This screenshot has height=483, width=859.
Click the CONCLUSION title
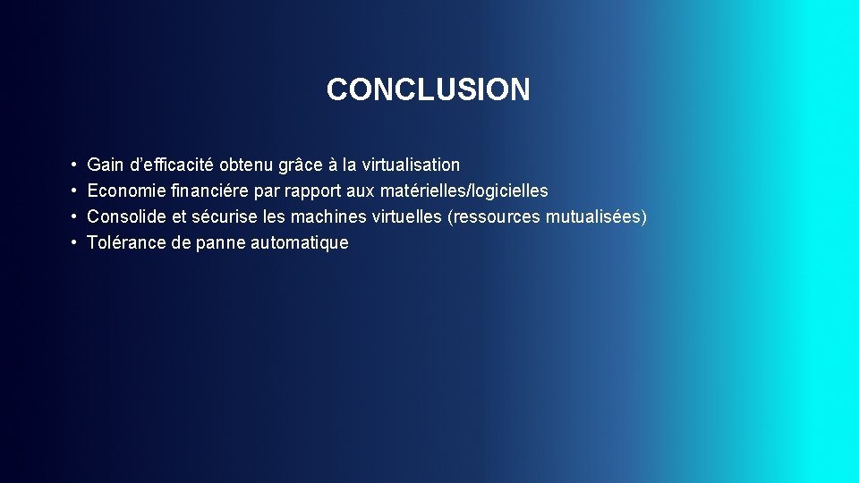428,89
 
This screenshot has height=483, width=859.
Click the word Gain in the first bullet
106,165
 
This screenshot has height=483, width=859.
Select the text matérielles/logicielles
464,191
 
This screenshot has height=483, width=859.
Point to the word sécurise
225,216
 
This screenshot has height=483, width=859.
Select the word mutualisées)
596,216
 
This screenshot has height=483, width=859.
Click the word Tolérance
127,242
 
